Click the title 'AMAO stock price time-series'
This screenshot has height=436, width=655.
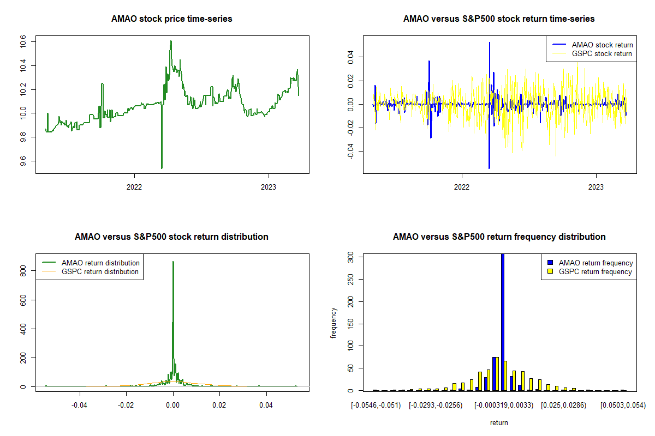[172, 19]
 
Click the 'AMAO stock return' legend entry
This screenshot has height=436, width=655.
[602, 45]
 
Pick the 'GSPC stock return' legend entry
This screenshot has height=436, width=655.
[602, 54]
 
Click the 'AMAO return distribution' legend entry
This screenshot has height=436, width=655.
[100, 263]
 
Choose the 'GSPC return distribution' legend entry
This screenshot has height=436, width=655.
[100, 271]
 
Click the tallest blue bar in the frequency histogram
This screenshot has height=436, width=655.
[503, 322]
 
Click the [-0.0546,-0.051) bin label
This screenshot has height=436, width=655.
[376, 405]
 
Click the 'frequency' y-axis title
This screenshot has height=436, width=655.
[334, 323]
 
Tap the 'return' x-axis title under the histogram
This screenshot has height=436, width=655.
[499, 423]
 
